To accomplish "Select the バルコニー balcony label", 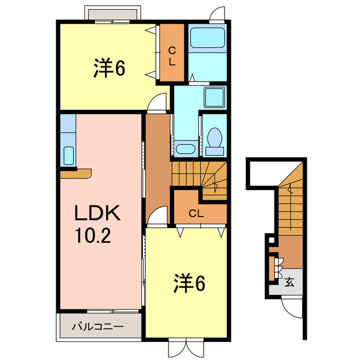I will [x=98, y=327].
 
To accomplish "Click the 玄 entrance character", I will [x=289, y=282].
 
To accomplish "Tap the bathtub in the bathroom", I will [x=206, y=39].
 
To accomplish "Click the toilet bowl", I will [x=214, y=138].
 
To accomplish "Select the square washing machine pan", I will [x=214, y=97].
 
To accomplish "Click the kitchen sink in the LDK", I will [x=68, y=155].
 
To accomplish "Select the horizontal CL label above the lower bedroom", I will [x=196, y=214].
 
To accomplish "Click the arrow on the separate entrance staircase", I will [x=290, y=193].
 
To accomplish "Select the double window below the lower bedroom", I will [x=185, y=347].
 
